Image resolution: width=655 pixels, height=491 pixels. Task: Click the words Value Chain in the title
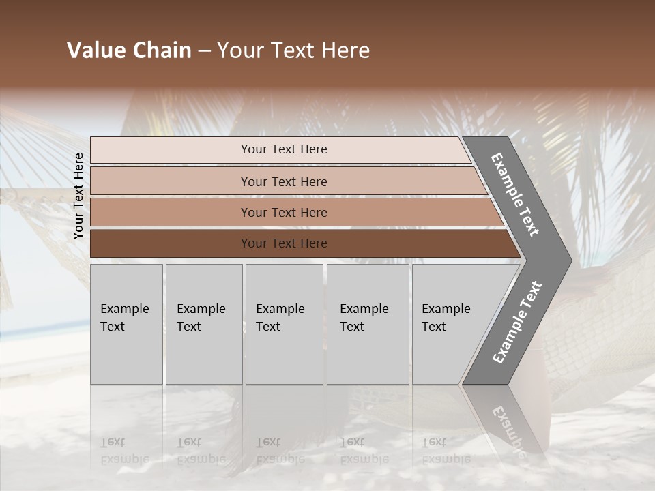pyautogui.click(x=129, y=50)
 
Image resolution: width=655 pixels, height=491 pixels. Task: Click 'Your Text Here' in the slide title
pyautogui.click(x=293, y=50)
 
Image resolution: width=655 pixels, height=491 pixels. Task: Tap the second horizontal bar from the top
pyautogui.click(x=284, y=181)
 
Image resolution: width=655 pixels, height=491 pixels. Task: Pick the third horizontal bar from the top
pyautogui.click(x=284, y=212)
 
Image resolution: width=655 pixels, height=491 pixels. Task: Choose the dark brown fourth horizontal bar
pyautogui.click(x=284, y=243)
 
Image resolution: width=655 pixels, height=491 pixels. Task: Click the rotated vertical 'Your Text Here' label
pyautogui.click(x=78, y=196)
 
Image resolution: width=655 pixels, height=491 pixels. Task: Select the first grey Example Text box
pyautogui.click(x=126, y=324)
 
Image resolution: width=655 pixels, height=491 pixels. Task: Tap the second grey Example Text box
pyautogui.click(x=203, y=324)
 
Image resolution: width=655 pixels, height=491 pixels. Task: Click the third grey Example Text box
pyautogui.click(x=284, y=324)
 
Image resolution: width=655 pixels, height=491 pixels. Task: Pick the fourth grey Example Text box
pyautogui.click(x=367, y=324)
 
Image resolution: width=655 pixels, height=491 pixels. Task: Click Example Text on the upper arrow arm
pyautogui.click(x=515, y=194)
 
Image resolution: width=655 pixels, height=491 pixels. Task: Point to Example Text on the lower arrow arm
pyautogui.click(x=516, y=323)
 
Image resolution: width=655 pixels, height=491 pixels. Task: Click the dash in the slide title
pyautogui.click(x=204, y=51)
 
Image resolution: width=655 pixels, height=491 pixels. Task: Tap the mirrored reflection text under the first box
pyautogui.click(x=124, y=451)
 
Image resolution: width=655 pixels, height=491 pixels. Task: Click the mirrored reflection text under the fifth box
pyautogui.click(x=446, y=451)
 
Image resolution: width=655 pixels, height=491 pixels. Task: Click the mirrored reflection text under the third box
pyautogui.click(x=280, y=451)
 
